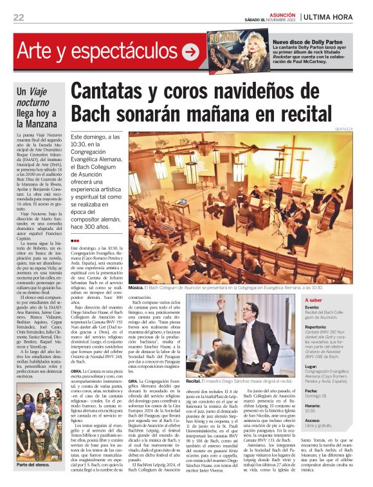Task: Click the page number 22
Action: [19, 17]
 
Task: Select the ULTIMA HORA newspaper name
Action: [335, 17]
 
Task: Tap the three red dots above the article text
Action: [75, 241]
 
